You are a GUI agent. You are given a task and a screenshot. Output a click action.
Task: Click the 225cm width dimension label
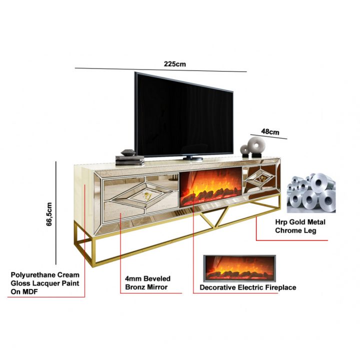coord(174,63)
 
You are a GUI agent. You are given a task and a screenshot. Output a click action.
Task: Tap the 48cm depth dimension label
coord(270,132)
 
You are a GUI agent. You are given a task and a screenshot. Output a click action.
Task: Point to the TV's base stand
coord(192,157)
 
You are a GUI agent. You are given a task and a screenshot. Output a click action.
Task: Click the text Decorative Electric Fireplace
coord(247,287)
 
